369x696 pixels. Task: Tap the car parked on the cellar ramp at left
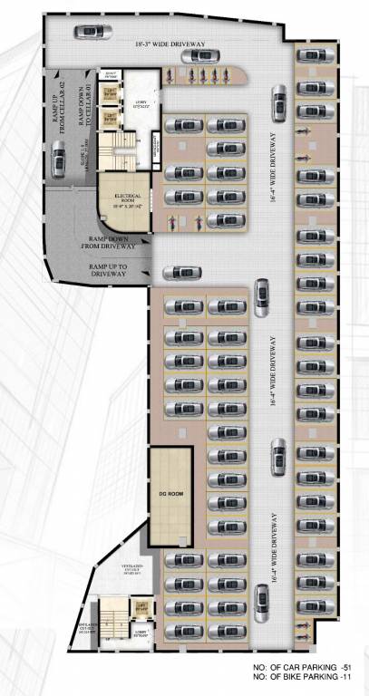click(x=59, y=161)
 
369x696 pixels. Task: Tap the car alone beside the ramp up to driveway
click(x=185, y=270)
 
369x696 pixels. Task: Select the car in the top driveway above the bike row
click(x=201, y=56)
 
